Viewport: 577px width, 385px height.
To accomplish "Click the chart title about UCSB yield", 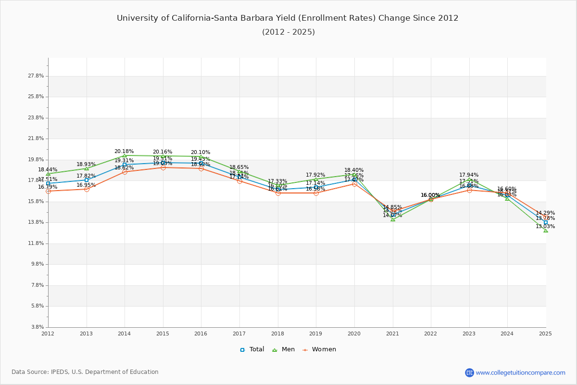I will coord(288,18).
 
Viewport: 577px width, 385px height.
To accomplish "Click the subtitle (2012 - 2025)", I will coord(288,32).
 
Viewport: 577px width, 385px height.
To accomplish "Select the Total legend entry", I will coord(252,349).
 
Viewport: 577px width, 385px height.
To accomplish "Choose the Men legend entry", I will coord(283,349).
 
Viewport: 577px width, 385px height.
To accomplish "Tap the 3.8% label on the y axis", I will coord(38,327).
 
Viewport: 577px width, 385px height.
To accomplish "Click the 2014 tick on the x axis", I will coord(125,334).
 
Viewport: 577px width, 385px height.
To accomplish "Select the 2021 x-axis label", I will coord(393,334).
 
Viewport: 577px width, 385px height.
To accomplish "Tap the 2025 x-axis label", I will coord(546,334).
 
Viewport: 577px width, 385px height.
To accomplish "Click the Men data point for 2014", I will coord(125,155).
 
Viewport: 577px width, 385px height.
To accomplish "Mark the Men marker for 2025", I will coord(546,231).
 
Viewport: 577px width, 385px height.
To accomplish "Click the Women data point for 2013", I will coord(87,189).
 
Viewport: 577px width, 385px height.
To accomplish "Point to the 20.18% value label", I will coord(124,151).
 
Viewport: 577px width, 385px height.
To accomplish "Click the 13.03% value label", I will coord(545,227).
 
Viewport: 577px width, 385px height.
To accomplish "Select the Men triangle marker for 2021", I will coord(393,219).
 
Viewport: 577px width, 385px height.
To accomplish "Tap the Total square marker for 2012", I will coord(48,183).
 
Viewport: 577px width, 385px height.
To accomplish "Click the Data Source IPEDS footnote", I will coord(85,372).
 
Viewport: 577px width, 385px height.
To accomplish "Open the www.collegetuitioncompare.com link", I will coord(520,372).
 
